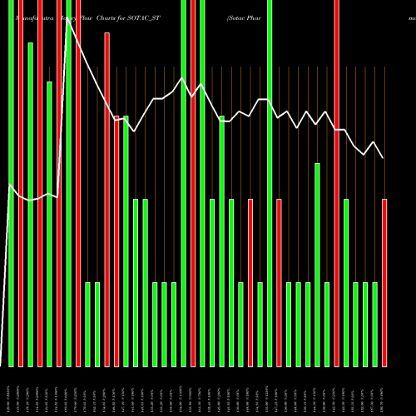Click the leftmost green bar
[x=11, y=183]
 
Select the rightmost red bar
[x=384, y=283]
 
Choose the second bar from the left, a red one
[x=21, y=183]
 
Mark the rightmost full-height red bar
[x=336, y=183]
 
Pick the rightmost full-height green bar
[x=269, y=183]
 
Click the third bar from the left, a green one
[x=30, y=204]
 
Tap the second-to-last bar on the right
[x=374, y=324]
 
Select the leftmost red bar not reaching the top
[x=106, y=200]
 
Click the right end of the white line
[x=384, y=158]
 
